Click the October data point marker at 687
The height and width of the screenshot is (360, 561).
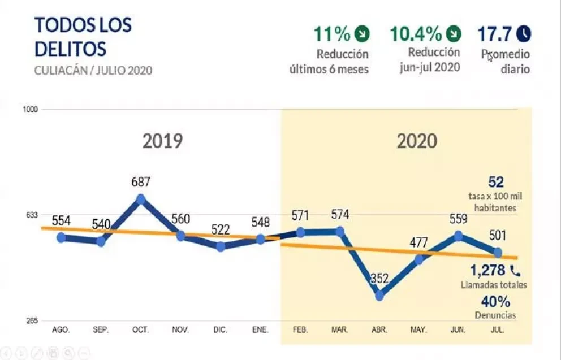(x=141, y=199)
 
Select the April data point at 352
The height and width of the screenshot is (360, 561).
(x=379, y=296)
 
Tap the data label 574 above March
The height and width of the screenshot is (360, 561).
(x=340, y=215)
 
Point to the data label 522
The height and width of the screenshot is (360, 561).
(x=221, y=229)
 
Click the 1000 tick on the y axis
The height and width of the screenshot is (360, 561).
(x=31, y=110)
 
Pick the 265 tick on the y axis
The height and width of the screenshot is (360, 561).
(x=32, y=320)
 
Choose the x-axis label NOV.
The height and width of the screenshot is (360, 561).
(x=180, y=329)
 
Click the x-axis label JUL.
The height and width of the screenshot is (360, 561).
(x=498, y=329)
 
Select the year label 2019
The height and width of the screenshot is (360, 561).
(x=162, y=141)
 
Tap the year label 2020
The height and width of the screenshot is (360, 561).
(x=417, y=141)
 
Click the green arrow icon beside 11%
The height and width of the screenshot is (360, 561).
(x=362, y=34)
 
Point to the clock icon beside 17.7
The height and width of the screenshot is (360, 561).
(x=524, y=34)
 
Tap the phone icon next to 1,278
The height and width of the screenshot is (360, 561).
(x=515, y=271)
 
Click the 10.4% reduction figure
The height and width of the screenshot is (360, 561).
(x=416, y=34)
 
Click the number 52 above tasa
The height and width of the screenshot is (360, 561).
(x=496, y=183)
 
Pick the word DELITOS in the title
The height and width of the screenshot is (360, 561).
(x=71, y=49)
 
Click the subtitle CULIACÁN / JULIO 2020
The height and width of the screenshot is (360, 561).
(x=93, y=71)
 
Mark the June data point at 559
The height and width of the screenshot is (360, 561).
(x=458, y=236)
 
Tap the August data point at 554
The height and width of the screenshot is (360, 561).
(x=61, y=237)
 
